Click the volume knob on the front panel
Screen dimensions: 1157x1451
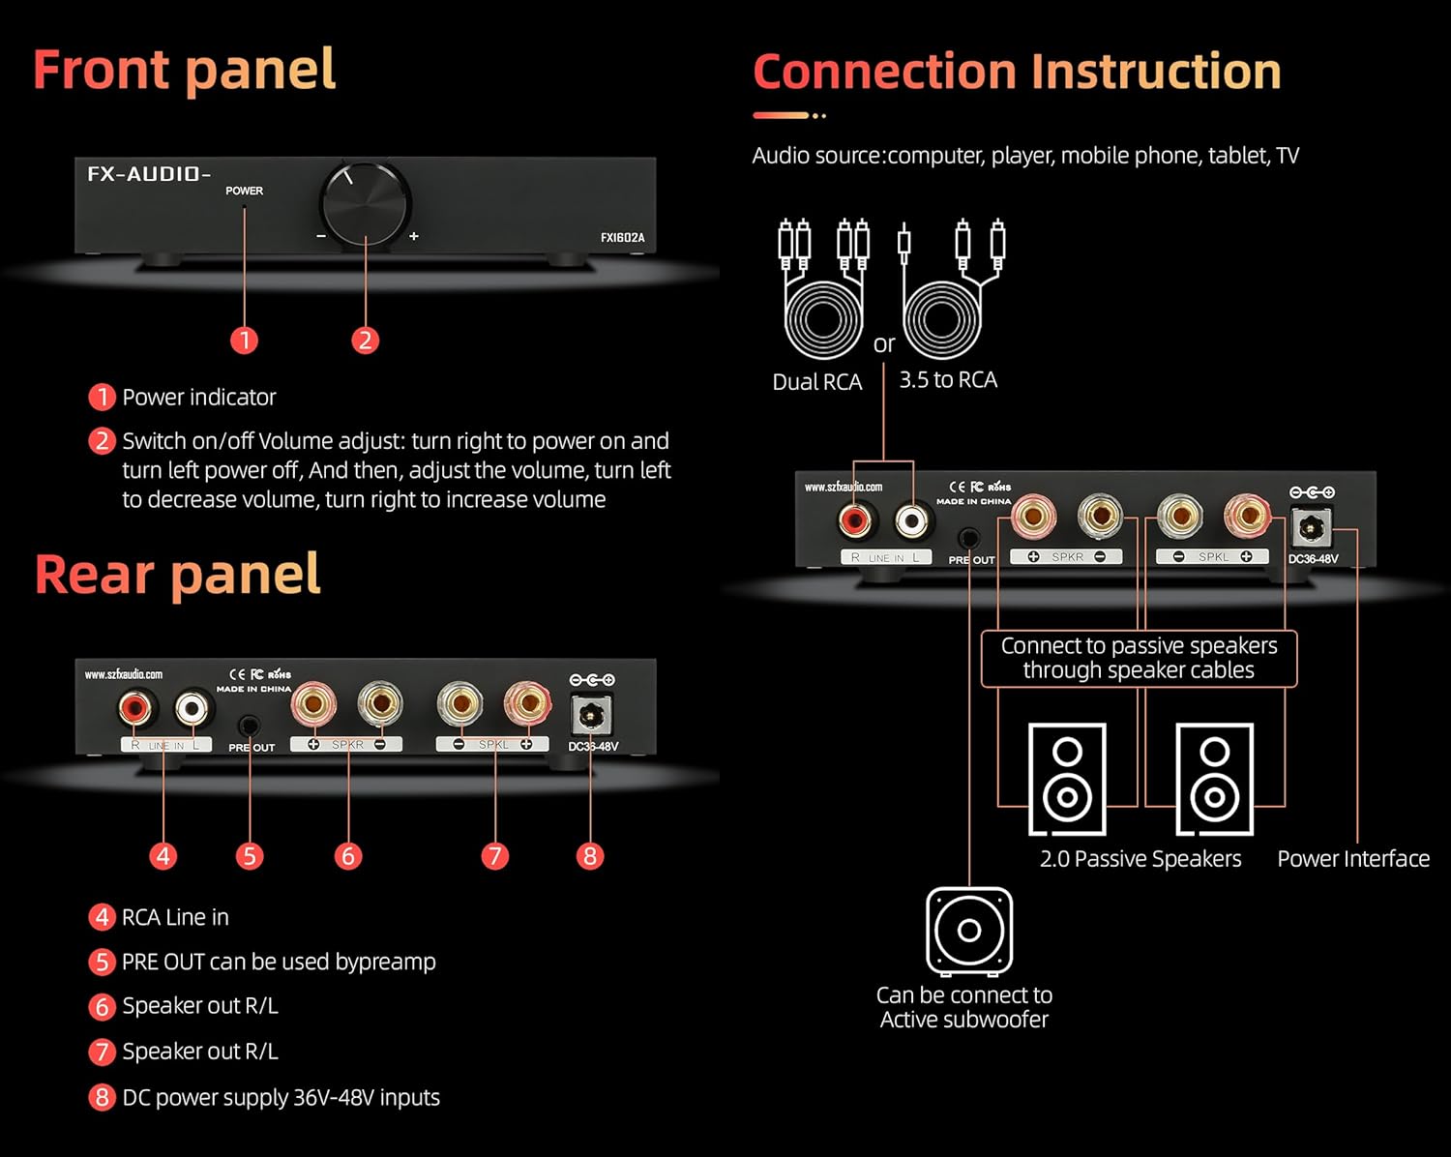(x=365, y=206)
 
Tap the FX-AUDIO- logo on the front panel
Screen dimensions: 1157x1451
(x=148, y=174)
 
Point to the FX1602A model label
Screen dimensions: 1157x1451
(x=622, y=237)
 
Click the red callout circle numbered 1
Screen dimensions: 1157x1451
(x=245, y=340)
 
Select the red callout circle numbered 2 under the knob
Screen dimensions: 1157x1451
(x=365, y=340)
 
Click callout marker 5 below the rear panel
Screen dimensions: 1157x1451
(x=250, y=856)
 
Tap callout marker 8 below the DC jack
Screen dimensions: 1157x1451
(x=589, y=856)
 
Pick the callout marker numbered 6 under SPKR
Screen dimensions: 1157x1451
(x=348, y=856)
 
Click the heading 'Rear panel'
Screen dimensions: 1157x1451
(x=177, y=575)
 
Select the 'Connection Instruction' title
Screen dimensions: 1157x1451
(x=1017, y=73)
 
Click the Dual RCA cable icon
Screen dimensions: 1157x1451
(x=822, y=290)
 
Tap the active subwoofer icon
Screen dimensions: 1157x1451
(x=969, y=931)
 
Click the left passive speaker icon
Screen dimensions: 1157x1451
(x=1067, y=779)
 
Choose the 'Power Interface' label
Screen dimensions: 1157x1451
(x=1352, y=858)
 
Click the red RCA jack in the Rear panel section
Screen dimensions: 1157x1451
(x=136, y=709)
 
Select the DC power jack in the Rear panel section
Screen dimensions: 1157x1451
(x=589, y=716)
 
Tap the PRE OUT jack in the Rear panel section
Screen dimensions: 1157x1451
(x=250, y=725)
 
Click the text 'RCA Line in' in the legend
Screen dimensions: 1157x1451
(x=175, y=917)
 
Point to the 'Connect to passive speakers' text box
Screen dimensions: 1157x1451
(x=1139, y=658)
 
